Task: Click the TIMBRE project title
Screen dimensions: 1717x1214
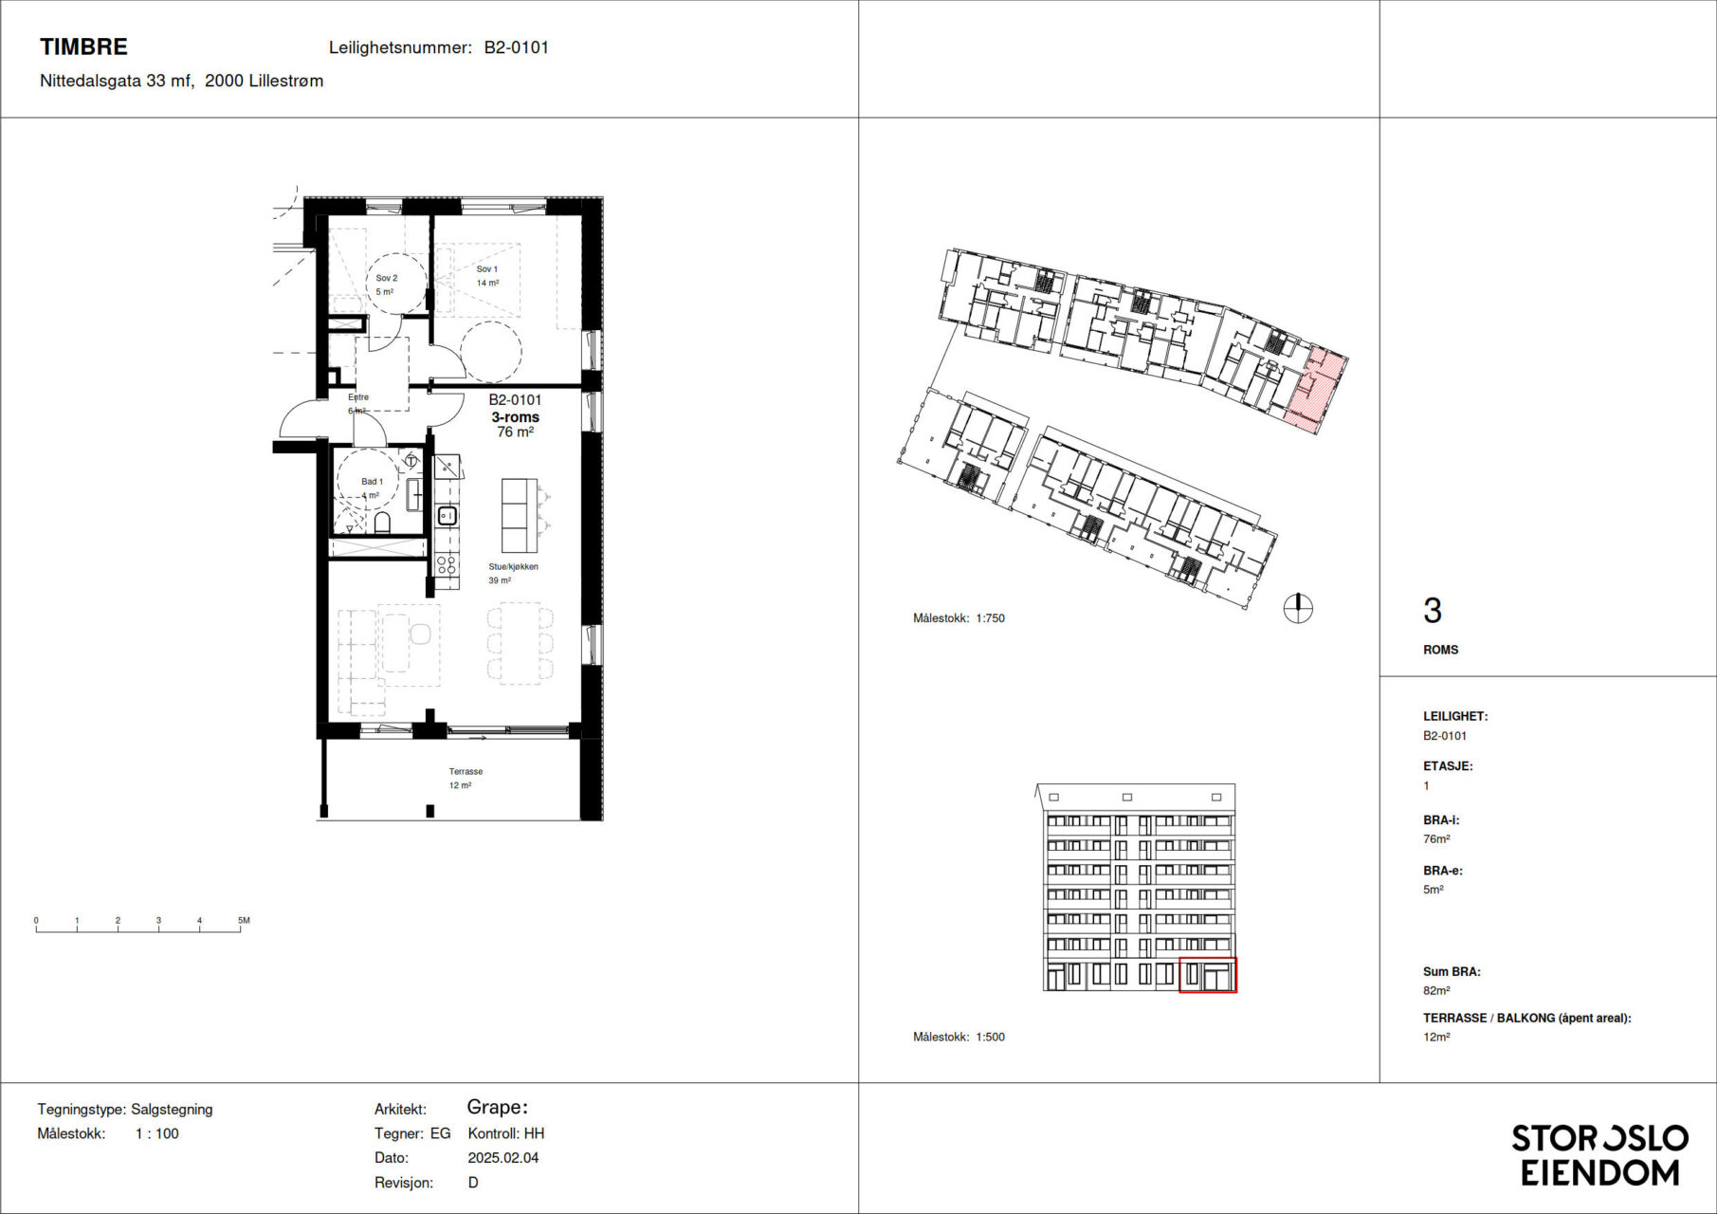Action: tap(83, 46)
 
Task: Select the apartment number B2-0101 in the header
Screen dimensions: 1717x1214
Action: tap(516, 47)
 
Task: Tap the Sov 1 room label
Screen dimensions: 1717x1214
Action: tap(486, 269)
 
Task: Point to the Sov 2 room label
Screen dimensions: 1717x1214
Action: tap(387, 278)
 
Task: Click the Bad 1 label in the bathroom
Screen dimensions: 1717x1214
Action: tap(372, 482)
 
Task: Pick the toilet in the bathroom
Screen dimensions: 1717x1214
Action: tap(383, 523)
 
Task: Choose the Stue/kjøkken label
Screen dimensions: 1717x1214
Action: tap(513, 567)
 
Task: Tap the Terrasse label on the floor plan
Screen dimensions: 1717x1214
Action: tap(466, 772)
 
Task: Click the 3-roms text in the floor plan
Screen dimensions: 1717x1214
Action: tap(515, 417)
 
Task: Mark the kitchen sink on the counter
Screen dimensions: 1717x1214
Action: tap(447, 516)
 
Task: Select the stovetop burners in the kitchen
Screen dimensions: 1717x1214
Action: tap(447, 566)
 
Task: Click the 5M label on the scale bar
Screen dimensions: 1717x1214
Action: tap(244, 920)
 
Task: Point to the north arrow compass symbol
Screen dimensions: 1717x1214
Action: tap(1298, 608)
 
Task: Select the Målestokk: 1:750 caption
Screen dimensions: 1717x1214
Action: tap(959, 618)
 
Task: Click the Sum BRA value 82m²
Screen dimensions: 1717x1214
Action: tap(1436, 990)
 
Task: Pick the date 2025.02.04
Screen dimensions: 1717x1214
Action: tap(503, 1158)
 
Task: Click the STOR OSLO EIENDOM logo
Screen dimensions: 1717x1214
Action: tap(1600, 1155)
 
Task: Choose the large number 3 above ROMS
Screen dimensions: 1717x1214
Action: tap(1433, 611)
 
